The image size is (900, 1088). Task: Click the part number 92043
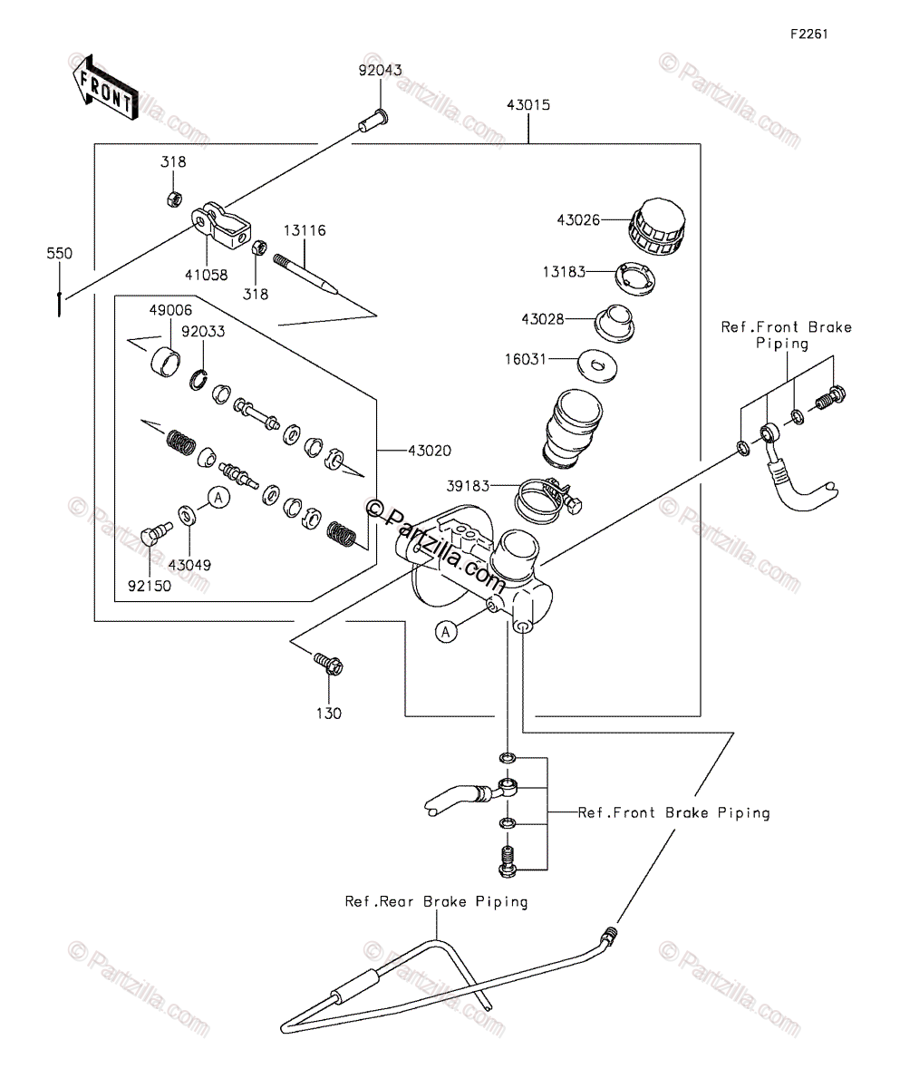pyautogui.click(x=380, y=70)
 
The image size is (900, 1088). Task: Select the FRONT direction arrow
pyautogui.click(x=105, y=87)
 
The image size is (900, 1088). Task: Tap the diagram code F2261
pyautogui.click(x=808, y=34)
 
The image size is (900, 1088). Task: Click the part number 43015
pyautogui.click(x=528, y=105)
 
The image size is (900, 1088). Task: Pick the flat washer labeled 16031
pyautogui.click(x=597, y=365)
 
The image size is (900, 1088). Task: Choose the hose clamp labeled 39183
pyautogui.click(x=547, y=500)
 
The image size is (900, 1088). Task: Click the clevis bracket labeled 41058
pyautogui.click(x=221, y=226)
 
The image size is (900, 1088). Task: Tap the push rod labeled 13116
pyautogui.click(x=305, y=273)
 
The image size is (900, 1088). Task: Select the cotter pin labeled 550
pyautogui.click(x=60, y=305)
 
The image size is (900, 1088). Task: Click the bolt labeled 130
pyautogui.click(x=328, y=665)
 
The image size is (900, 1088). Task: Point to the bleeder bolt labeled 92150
pyautogui.click(x=156, y=533)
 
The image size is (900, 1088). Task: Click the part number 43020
pyautogui.click(x=430, y=451)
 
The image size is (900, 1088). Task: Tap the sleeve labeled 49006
pyautogui.click(x=166, y=362)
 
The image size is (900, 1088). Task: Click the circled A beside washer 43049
pyautogui.click(x=218, y=498)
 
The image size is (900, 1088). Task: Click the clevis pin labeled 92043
pyautogui.click(x=373, y=121)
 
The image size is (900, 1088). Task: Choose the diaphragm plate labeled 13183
pyautogui.click(x=635, y=278)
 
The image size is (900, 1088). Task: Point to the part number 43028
pyautogui.click(x=543, y=319)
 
